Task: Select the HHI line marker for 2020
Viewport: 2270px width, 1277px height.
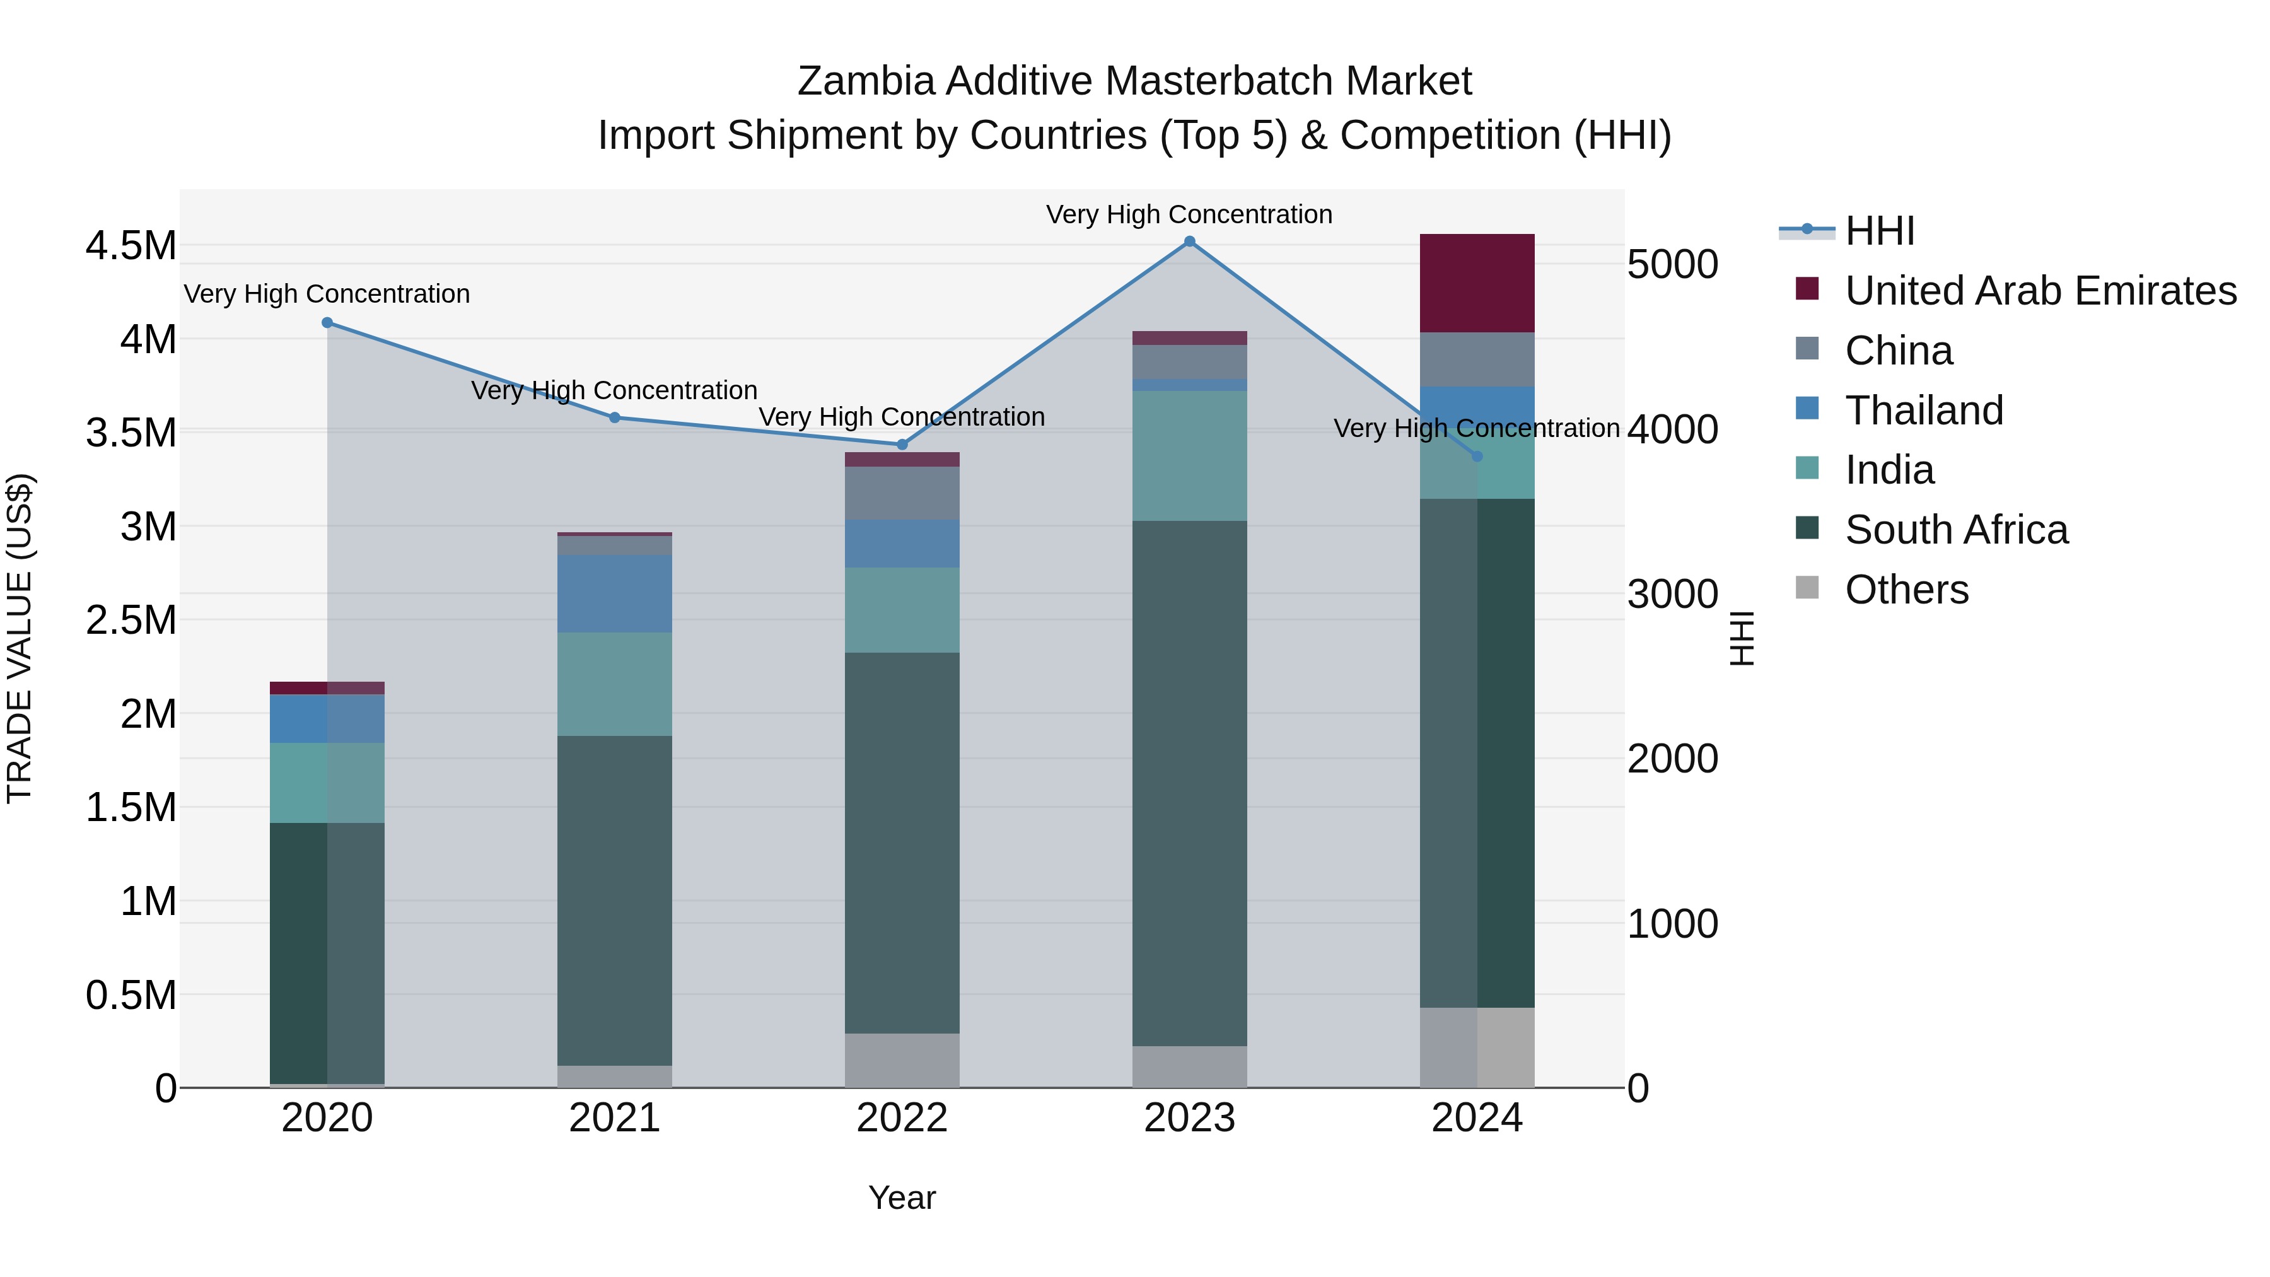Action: [327, 322]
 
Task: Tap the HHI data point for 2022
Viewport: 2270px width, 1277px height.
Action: [902, 445]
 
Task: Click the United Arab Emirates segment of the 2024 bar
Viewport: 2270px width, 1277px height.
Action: [1477, 283]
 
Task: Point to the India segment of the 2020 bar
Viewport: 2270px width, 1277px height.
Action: [327, 783]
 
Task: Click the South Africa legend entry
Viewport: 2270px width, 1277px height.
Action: [1955, 530]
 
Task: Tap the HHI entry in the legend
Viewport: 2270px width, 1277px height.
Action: [1879, 231]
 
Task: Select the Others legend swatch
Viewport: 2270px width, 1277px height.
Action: [1807, 588]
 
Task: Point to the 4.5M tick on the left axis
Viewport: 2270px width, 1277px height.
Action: [131, 246]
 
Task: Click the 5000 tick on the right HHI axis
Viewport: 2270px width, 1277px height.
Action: [1672, 264]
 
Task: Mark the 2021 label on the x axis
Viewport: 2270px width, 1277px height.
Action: [614, 1118]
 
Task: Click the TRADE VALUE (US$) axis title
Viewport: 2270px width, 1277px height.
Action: [20, 638]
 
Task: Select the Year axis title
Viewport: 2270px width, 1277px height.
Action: [902, 1198]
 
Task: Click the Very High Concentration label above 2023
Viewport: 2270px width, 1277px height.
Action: [1189, 214]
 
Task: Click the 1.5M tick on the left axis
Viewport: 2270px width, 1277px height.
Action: [131, 807]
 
